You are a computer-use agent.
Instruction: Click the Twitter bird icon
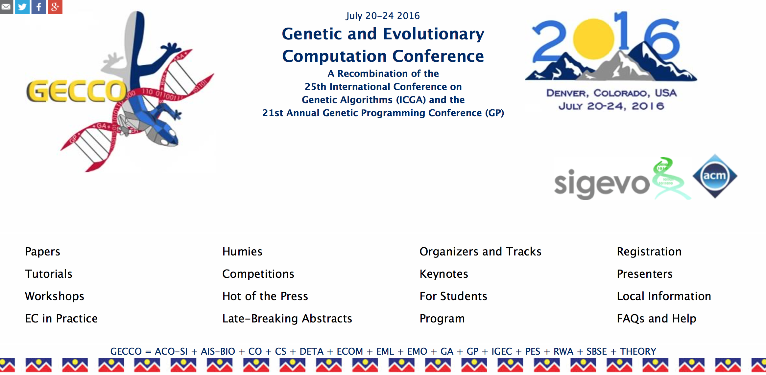click(22, 7)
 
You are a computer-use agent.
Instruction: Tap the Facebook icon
click(39, 7)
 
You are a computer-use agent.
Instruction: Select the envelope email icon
click(6, 7)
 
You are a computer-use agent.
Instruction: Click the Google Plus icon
click(55, 7)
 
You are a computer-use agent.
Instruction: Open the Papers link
click(43, 252)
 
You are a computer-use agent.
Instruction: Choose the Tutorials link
click(49, 274)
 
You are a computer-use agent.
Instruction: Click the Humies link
click(242, 252)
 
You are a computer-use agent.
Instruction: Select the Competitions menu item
click(258, 274)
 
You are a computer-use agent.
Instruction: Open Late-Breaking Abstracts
click(287, 319)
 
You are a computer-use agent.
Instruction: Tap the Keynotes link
click(444, 274)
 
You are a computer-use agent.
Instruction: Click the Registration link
click(649, 252)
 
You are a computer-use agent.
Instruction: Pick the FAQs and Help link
click(657, 319)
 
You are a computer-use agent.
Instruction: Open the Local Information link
click(664, 296)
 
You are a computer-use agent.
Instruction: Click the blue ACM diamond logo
click(715, 176)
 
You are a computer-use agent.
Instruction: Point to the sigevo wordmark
click(602, 184)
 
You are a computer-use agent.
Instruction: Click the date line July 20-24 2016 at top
click(383, 16)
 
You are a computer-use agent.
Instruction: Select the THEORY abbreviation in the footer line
click(638, 351)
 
